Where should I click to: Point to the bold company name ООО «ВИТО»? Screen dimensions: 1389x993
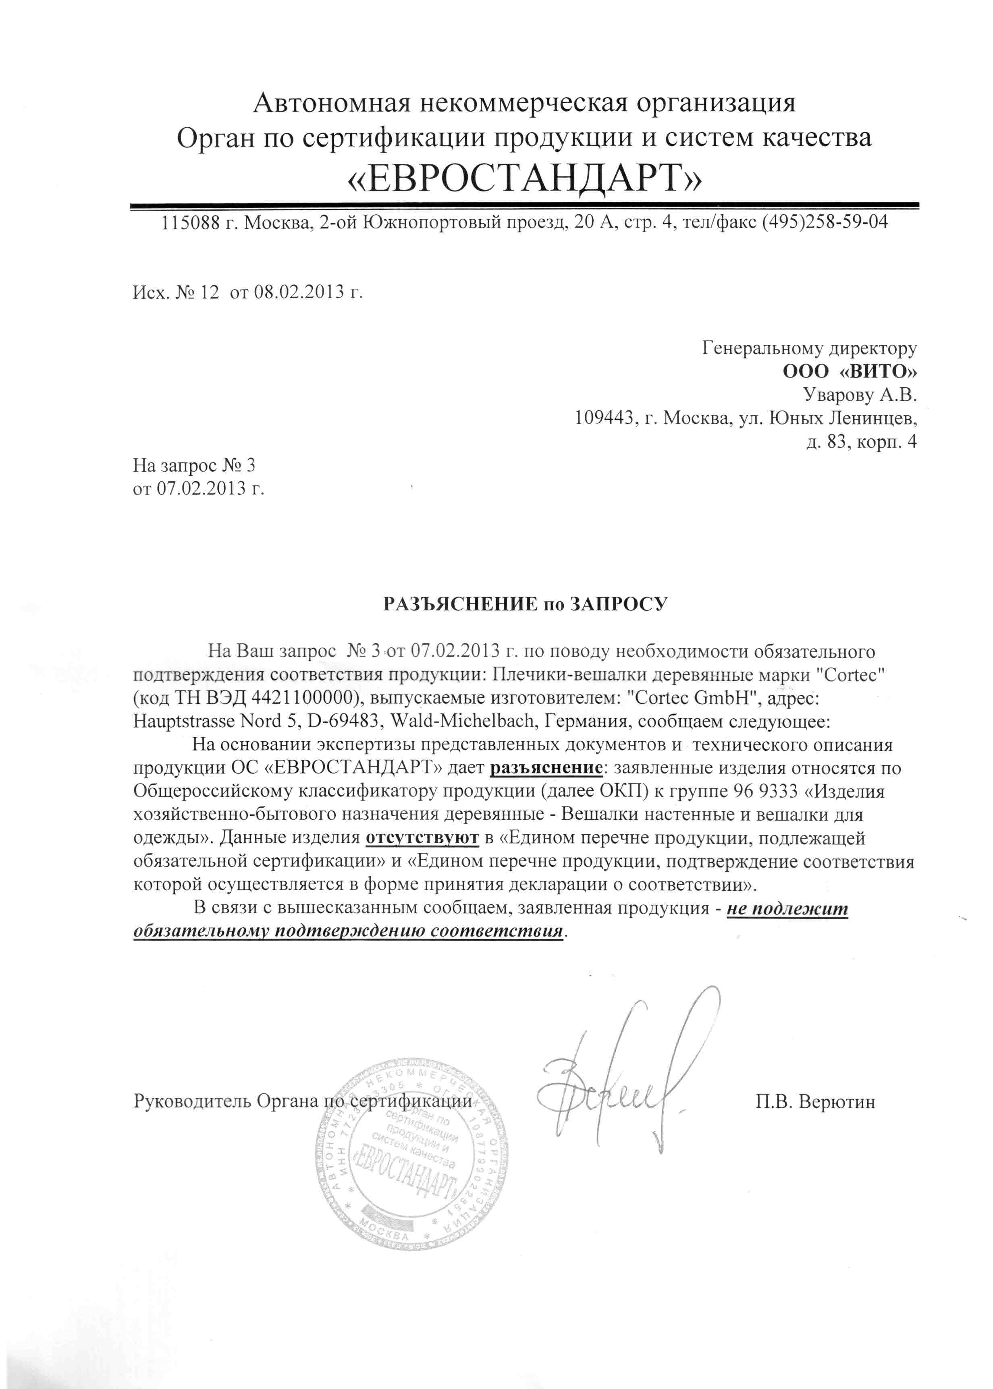[x=849, y=371]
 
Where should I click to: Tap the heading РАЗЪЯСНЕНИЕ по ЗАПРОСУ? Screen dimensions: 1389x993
[x=525, y=604]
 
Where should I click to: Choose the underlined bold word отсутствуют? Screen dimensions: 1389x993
[x=422, y=838]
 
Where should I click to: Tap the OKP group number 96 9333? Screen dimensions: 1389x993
[x=765, y=791]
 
